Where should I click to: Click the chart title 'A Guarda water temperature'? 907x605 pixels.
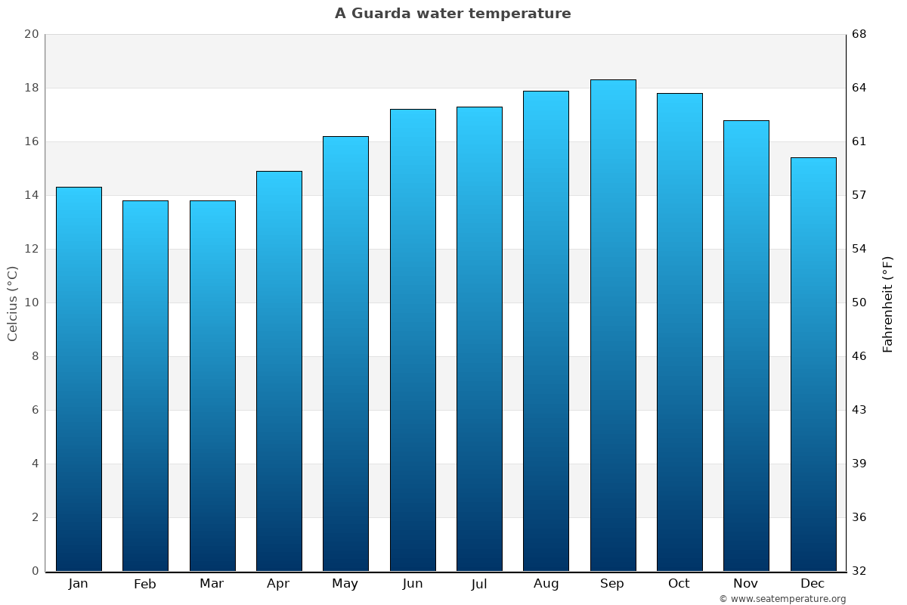click(453, 14)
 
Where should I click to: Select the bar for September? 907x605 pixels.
click(613, 325)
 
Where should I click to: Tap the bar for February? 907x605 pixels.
click(145, 386)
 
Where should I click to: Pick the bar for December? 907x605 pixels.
click(813, 364)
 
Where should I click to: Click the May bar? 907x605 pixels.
click(345, 353)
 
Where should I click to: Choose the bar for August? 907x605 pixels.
click(546, 330)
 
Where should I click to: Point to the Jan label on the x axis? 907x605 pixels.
click(79, 584)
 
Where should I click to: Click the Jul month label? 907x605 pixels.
click(479, 584)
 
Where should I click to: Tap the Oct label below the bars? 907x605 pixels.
click(679, 584)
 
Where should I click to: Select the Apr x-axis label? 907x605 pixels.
click(278, 584)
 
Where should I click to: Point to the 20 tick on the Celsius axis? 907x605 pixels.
click(31, 35)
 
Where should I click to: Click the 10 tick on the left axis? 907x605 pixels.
click(31, 303)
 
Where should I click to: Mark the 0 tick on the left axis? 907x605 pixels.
click(35, 571)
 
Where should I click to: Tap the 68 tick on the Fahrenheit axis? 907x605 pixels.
click(859, 35)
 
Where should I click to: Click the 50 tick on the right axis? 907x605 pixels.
click(859, 303)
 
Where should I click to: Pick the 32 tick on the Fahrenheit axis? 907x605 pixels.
click(859, 571)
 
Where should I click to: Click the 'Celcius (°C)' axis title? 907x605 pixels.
click(13, 303)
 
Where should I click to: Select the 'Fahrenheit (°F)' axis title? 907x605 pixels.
click(888, 303)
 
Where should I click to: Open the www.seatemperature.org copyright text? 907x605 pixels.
click(782, 599)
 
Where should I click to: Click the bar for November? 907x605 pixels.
click(746, 346)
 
